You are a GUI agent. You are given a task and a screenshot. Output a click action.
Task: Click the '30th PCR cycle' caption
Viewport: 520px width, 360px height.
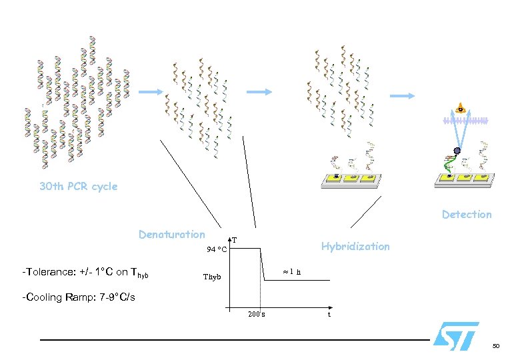pos(78,187)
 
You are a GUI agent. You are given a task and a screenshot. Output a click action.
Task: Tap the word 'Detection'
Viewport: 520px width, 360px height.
pos(467,215)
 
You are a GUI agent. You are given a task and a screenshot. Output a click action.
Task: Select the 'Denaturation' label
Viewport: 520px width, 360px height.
pos(172,235)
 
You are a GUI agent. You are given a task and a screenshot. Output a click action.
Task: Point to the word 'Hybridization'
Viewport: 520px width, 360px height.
pos(355,247)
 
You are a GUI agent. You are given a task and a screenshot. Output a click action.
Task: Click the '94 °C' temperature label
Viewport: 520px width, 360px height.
pos(217,250)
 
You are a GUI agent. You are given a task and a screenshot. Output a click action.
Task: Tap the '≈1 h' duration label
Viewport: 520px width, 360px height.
pos(291,272)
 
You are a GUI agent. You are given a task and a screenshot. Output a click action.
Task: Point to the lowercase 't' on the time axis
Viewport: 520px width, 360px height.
pos(329,314)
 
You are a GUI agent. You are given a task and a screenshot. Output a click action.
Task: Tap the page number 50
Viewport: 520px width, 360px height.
pos(495,346)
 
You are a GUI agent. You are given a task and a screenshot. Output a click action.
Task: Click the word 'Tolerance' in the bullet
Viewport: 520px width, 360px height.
pos(51,272)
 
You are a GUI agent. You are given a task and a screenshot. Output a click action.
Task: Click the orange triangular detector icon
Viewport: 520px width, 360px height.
pos(459,109)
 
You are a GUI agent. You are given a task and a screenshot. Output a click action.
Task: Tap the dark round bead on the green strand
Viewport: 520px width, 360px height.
pos(457,151)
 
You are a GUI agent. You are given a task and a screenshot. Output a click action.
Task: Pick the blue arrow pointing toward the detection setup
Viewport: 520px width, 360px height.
pos(403,97)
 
